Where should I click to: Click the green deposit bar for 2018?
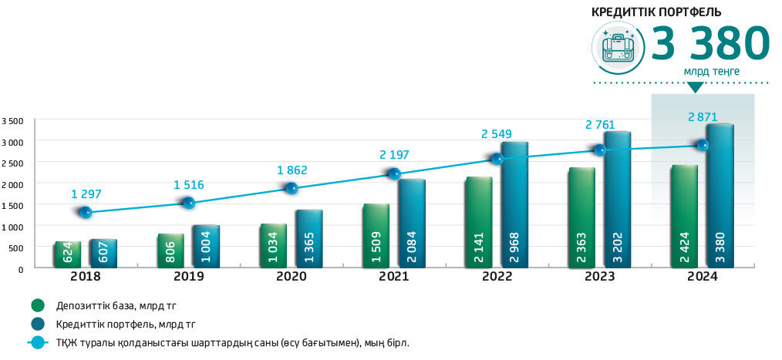[67, 254]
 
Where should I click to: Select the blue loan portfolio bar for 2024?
[720, 197]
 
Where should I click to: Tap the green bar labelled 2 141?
[478, 222]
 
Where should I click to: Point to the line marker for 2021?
[394, 174]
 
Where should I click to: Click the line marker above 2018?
[86, 212]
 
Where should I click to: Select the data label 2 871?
[703, 118]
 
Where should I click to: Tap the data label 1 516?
[188, 185]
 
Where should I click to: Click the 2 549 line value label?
[497, 133]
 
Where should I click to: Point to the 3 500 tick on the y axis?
[13, 121]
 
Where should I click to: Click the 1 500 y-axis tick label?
[13, 206]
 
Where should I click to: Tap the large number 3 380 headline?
[710, 44]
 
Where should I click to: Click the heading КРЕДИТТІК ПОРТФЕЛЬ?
[656, 12]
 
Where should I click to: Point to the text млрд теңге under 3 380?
[711, 72]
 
